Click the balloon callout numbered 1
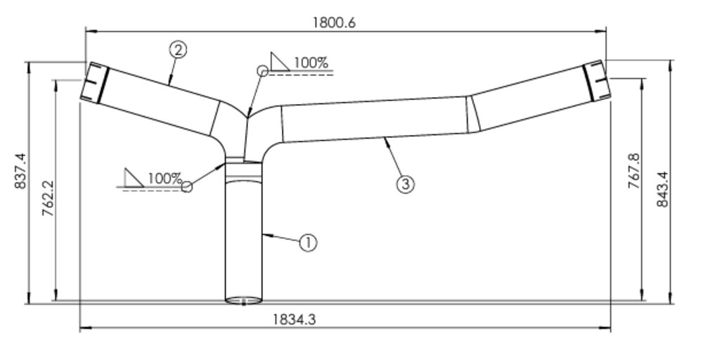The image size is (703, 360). tap(308, 243)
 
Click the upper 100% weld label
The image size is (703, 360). tap(311, 62)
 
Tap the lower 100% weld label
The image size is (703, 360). tap(165, 178)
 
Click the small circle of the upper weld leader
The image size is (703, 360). tap(262, 70)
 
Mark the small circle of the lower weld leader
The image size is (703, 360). tap(186, 187)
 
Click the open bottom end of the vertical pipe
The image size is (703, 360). tap(243, 301)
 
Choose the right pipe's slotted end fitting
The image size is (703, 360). tap(595, 79)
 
